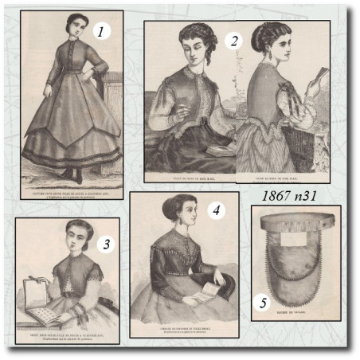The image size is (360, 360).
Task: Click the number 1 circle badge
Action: (100, 32)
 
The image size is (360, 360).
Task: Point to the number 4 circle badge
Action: (215, 210)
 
